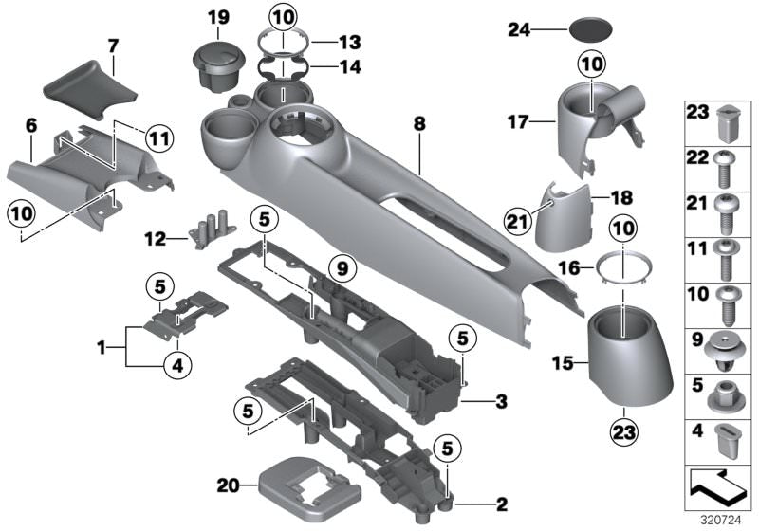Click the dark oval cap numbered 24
pyautogui.click(x=594, y=29)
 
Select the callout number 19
pyautogui.click(x=218, y=17)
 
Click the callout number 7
pyautogui.click(x=113, y=45)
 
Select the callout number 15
pyautogui.click(x=565, y=362)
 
